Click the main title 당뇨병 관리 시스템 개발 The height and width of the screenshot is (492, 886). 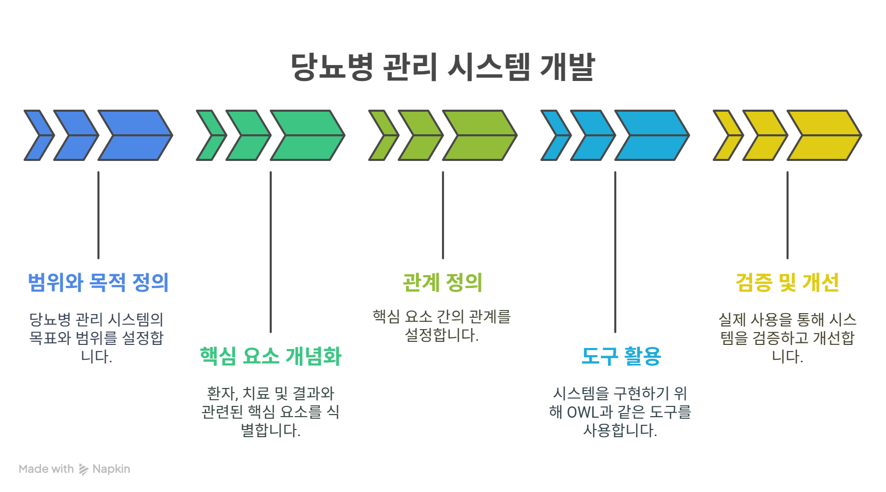pyautogui.click(x=442, y=67)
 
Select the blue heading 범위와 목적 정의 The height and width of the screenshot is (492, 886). pyautogui.click(x=98, y=282)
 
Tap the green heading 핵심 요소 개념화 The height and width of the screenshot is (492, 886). pyautogui.click(x=270, y=356)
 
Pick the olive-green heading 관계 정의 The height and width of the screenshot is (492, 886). pyautogui.click(x=442, y=282)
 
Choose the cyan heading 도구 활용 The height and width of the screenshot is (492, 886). pyautogui.click(x=621, y=356)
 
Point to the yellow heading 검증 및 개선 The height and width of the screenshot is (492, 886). pyautogui.click(x=787, y=282)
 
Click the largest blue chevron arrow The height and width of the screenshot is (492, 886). pyautogui.click(x=135, y=135)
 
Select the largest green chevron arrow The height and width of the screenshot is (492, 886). pyautogui.click(x=308, y=135)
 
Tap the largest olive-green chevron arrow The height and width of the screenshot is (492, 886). pyautogui.click(x=480, y=135)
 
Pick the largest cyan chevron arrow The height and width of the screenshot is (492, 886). pyautogui.click(x=652, y=135)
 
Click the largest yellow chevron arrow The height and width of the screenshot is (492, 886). pyautogui.click(x=824, y=135)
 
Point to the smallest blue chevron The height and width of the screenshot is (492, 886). pyautogui.click(x=39, y=135)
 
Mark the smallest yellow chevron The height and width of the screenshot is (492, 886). pyautogui.click(x=728, y=135)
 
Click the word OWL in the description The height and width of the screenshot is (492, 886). pyautogui.click(x=582, y=412)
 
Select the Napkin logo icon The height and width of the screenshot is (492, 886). pyautogui.click(x=83, y=469)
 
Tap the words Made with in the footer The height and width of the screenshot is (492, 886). pyautogui.click(x=46, y=469)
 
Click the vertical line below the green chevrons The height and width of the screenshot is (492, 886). pyautogui.click(x=271, y=252)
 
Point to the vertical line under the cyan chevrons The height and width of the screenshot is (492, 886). pyautogui.click(x=615, y=252)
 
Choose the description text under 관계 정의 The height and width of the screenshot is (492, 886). pyautogui.click(x=442, y=326)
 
